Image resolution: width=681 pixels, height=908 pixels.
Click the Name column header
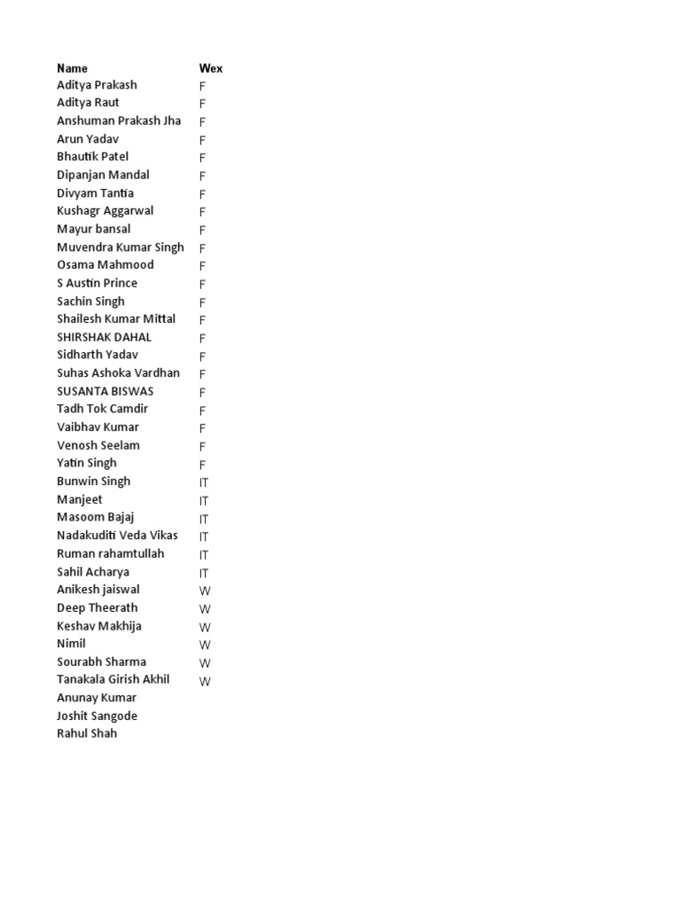[72, 68]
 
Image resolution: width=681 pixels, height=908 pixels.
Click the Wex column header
[210, 68]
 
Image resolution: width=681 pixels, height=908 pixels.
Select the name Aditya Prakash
[97, 85]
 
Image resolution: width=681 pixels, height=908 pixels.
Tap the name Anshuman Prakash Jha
[119, 121]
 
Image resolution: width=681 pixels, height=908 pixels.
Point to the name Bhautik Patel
[92, 157]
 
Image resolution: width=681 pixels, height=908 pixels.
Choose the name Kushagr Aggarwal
[105, 211]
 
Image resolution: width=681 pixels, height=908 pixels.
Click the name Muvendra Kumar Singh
[120, 247]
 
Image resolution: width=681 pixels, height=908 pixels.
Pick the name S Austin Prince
[97, 283]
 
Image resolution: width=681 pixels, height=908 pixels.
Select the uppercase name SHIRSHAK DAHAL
[104, 337]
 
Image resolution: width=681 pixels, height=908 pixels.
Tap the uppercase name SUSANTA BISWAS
[105, 391]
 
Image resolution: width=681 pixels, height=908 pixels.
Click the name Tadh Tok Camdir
[102, 409]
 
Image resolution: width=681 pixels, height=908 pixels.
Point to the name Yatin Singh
[86, 463]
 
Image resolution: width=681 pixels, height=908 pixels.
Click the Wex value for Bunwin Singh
[204, 482]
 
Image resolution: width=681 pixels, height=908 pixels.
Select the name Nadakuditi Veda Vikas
[117, 536]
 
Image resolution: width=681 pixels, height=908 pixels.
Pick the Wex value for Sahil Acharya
[204, 573]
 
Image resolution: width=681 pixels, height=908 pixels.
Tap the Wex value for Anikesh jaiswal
[205, 591]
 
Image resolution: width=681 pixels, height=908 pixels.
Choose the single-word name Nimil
[71, 644]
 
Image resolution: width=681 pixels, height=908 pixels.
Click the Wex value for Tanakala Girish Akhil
[205, 681]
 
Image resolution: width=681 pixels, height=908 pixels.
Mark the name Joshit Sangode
[97, 716]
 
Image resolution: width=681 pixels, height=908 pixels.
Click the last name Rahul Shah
[86, 733]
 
